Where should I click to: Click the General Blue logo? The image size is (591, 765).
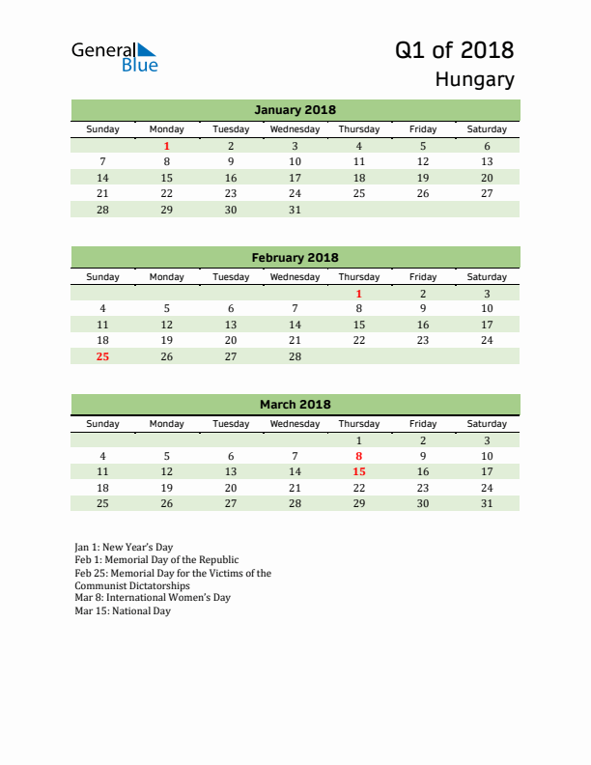coord(114,57)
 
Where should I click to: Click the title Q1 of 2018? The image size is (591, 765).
coord(454,50)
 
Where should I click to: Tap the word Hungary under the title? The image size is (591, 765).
coord(474,80)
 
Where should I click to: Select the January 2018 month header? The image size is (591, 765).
coord(295,110)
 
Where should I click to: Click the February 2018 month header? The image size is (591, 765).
coord(295,258)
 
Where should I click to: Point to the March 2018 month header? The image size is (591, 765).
coord(295,405)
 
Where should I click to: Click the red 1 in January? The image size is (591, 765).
coord(167,146)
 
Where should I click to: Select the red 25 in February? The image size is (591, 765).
coord(103,356)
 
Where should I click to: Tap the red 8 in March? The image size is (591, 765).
coord(359,456)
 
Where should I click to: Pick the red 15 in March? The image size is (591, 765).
coord(359,471)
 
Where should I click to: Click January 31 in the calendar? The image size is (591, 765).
coord(295,210)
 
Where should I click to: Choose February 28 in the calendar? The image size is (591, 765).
coord(295,356)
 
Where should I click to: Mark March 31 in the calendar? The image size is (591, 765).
coord(487,503)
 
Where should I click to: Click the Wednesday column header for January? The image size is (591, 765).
coord(295,129)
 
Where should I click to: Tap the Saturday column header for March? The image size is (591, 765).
coord(487,424)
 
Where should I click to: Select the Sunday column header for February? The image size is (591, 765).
coord(103,277)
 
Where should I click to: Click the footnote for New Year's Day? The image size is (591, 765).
coord(124,548)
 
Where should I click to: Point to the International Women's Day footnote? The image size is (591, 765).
coord(153,598)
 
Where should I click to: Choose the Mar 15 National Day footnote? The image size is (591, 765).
coord(123,611)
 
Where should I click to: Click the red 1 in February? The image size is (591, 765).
coord(359,294)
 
